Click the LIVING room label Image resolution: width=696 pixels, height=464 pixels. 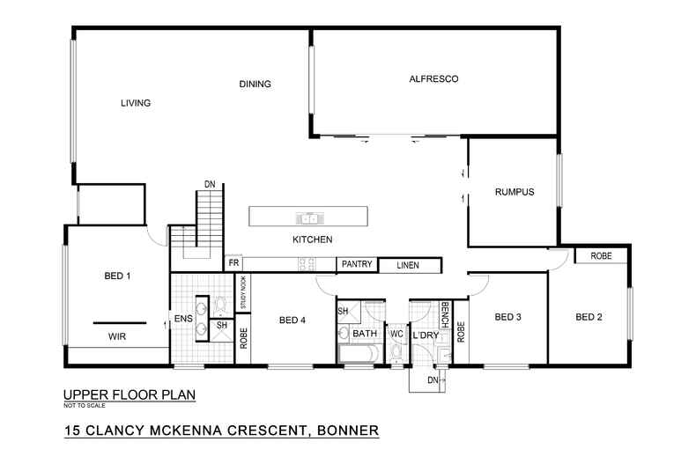pyautogui.click(x=136, y=103)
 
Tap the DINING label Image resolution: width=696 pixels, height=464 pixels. pyautogui.click(x=254, y=85)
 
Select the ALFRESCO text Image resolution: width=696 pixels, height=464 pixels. pyautogui.click(x=434, y=79)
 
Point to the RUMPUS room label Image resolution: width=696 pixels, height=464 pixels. pyautogui.click(x=515, y=192)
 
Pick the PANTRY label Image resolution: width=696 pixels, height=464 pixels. pyautogui.click(x=357, y=264)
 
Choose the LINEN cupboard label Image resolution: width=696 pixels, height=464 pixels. pyautogui.click(x=406, y=265)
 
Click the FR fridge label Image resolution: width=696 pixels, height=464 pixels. pyautogui.click(x=233, y=263)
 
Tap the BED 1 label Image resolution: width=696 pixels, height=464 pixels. pyautogui.click(x=117, y=276)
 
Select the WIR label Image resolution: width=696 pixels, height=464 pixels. pyautogui.click(x=117, y=336)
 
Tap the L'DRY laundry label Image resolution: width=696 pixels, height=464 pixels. pyautogui.click(x=428, y=335)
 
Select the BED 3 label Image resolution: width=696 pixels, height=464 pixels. pyautogui.click(x=508, y=317)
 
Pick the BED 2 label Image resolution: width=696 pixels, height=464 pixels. pyautogui.click(x=589, y=317)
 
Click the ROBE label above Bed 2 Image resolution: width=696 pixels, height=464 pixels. pyautogui.click(x=601, y=256)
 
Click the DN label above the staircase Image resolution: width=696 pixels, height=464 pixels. pyautogui.click(x=210, y=184)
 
